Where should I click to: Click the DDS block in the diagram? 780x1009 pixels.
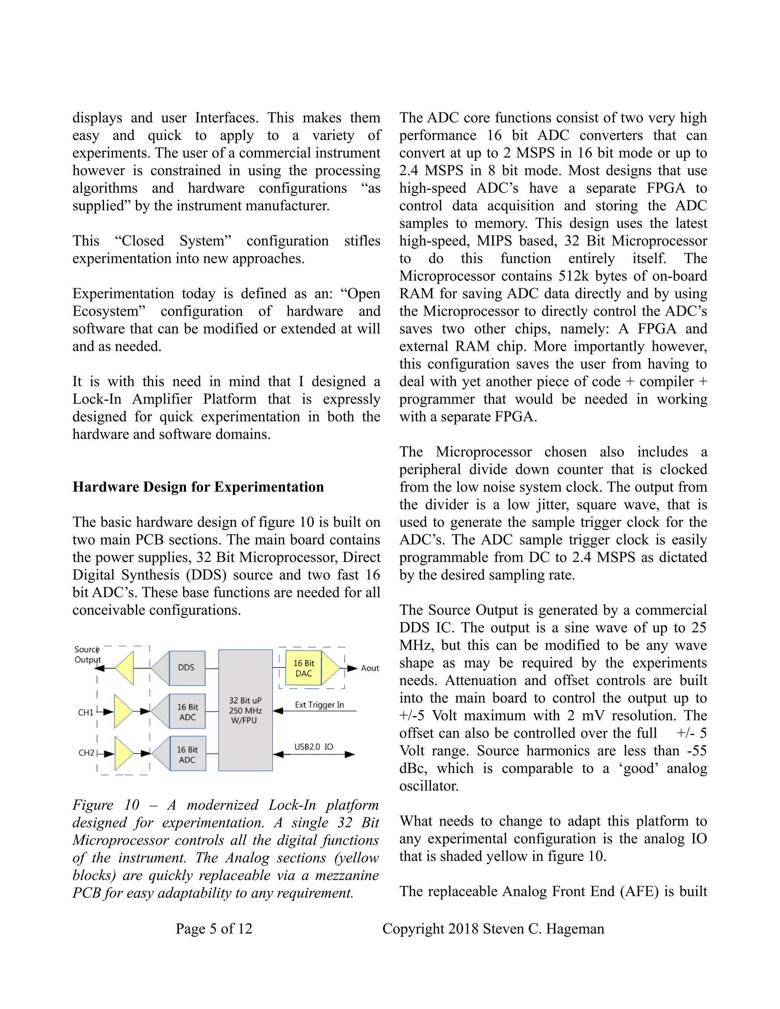pos(187,667)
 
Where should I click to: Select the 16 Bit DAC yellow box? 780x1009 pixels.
pos(304,668)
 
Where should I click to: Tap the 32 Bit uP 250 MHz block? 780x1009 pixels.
pos(245,710)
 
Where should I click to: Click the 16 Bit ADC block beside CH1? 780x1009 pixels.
pos(187,712)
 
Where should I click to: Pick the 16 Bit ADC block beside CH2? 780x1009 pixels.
pos(187,754)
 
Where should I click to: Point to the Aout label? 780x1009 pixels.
pos(370,668)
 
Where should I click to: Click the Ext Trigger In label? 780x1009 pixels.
pos(319,704)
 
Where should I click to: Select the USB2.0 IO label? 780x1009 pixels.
pos(314,747)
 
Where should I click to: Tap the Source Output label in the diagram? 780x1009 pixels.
pos(87,655)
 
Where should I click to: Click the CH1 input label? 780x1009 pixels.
pos(86,712)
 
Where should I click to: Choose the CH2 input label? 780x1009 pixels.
pos(86,753)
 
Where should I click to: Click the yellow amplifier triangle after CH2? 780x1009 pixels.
pos(123,754)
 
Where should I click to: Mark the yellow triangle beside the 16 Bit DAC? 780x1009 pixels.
pos(330,668)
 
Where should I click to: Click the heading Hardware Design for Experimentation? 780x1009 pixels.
pos(198,487)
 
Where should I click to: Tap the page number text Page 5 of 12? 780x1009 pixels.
pos(214,929)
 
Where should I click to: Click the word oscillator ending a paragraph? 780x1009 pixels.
pos(428,786)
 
